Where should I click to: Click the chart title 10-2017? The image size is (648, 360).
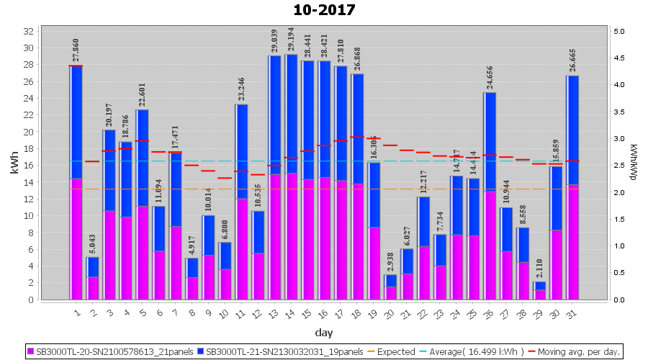(324, 10)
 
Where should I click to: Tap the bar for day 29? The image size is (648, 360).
(539, 290)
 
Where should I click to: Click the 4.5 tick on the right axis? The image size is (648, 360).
(618, 58)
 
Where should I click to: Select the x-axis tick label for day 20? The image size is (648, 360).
(389, 312)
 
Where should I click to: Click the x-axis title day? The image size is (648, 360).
(323, 333)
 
